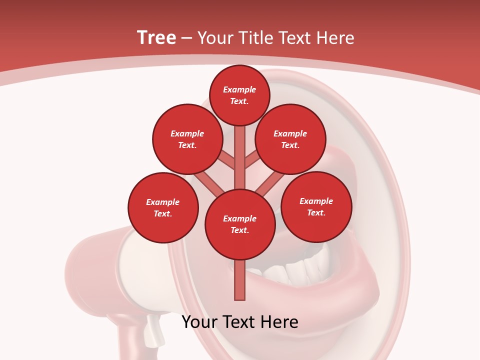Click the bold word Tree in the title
coord(156,38)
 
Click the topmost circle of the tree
coord(239,95)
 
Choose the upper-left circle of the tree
coord(187,139)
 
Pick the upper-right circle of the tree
coord(290,139)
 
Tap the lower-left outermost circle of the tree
coord(163,207)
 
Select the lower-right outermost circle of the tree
coord(316,206)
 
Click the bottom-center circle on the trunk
coord(240,224)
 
